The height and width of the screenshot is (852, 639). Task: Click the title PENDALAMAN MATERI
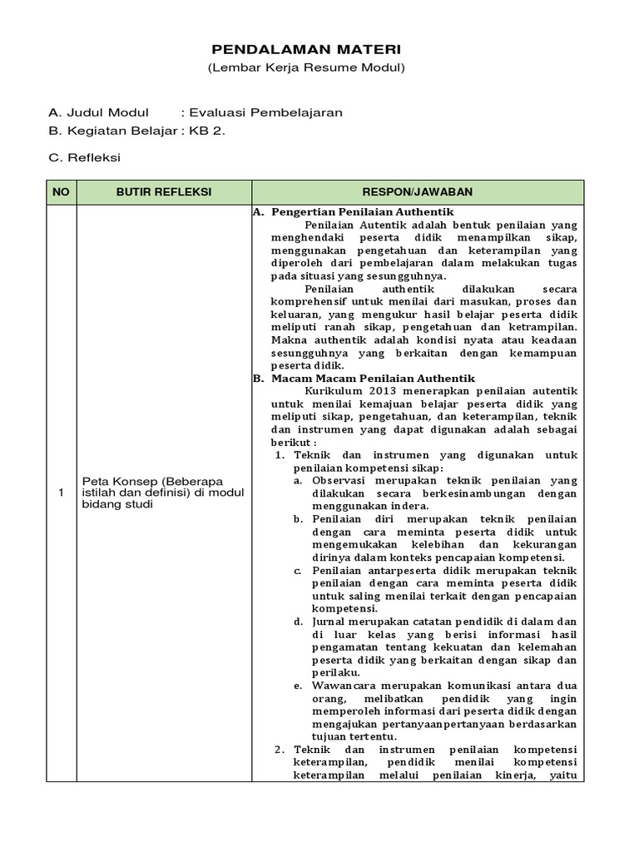pyautogui.click(x=306, y=51)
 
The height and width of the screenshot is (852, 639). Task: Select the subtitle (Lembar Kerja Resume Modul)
pyautogui.click(x=306, y=67)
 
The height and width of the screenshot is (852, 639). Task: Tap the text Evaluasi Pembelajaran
pyautogui.click(x=265, y=113)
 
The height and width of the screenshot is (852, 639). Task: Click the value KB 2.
pyautogui.click(x=207, y=131)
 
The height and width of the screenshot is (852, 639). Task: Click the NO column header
pyautogui.click(x=61, y=192)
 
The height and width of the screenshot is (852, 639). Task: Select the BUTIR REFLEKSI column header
pyautogui.click(x=164, y=192)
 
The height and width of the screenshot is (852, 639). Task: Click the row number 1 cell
pyautogui.click(x=61, y=493)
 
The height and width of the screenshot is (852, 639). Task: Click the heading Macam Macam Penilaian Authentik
pyautogui.click(x=372, y=378)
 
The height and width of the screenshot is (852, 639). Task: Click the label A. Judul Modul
pyautogui.click(x=99, y=113)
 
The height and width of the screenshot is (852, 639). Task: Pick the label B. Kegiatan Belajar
pyautogui.click(x=113, y=131)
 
